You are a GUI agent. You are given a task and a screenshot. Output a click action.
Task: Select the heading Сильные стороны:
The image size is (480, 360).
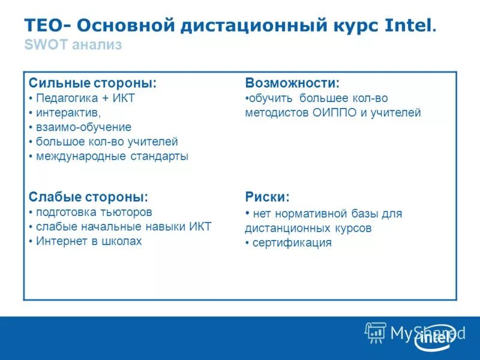(x=92, y=83)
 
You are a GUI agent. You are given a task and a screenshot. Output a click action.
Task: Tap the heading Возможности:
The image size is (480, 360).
(x=292, y=83)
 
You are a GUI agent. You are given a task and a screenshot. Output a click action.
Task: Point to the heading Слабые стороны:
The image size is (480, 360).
(x=88, y=197)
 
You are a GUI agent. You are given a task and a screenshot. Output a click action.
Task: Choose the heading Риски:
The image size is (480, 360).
(x=267, y=197)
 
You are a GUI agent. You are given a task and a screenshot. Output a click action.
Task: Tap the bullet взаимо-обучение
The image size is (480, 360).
(x=83, y=127)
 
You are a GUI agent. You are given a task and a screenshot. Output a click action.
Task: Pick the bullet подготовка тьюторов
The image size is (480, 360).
(x=94, y=212)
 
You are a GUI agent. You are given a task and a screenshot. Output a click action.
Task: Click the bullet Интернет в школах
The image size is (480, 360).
(x=89, y=241)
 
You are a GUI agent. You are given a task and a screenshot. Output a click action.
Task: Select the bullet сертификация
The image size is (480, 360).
(x=292, y=243)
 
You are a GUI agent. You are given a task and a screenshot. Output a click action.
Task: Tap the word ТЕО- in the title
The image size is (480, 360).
(x=47, y=26)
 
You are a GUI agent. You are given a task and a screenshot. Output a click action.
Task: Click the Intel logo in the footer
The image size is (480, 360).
(x=434, y=337)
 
